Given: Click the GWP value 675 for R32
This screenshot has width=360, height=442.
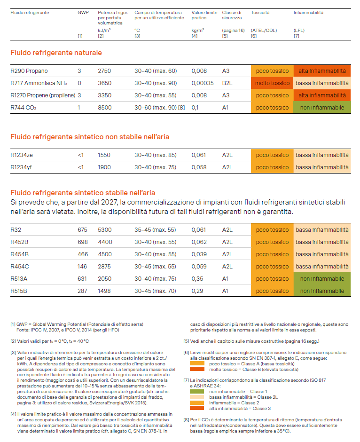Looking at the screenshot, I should [x=82, y=230].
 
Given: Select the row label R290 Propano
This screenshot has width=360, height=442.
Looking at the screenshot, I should [x=29, y=71].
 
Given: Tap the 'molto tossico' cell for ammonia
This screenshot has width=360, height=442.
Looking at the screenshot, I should [x=272, y=83].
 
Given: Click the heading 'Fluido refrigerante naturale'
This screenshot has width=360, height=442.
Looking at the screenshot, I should [x=56, y=53].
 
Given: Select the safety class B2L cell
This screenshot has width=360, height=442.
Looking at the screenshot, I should [x=227, y=83].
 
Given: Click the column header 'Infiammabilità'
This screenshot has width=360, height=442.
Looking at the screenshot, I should [x=308, y=13].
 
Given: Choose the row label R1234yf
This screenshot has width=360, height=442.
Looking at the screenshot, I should [x=23, y=167].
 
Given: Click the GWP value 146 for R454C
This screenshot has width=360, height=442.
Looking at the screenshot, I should [x=82, y=267].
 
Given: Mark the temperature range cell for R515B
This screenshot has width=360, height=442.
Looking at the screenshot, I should [x=155, y=291].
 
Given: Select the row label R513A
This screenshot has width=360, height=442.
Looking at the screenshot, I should [x=19, y=279].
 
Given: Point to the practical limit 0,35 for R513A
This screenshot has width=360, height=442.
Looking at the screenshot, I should [x=197, y=279].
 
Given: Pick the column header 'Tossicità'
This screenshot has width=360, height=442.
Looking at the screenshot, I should [x=260, y=13].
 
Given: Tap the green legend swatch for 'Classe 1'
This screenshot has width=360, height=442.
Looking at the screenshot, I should [x=197, y=391].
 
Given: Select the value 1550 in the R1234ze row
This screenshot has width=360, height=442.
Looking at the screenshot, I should [x=104, y=155].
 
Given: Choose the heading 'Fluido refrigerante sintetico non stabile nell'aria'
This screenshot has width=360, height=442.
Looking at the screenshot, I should [x=90, y=137].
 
